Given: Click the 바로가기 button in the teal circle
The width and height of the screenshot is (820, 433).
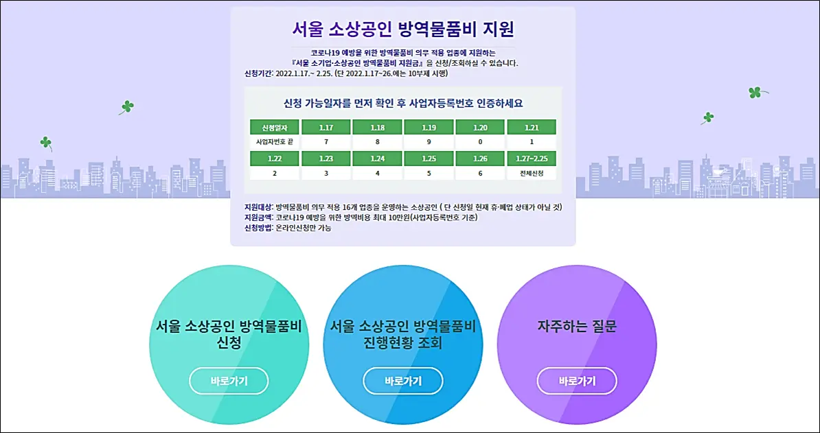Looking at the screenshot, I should click(229, 381).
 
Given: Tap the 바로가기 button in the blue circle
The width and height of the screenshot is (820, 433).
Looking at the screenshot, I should click(403, 381).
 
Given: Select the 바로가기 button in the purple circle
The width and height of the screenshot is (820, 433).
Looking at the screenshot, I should click(577, 381).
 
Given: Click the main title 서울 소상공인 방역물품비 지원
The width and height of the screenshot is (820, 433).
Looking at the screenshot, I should click(403, 30).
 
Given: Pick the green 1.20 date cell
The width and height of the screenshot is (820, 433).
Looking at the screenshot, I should click(480, 127).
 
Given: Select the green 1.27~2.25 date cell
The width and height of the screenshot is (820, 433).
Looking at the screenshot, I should click(532, 159).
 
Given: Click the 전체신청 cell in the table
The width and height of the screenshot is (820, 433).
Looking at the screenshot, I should click(532, 174).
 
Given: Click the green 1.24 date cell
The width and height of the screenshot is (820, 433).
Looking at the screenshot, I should click(377, 159).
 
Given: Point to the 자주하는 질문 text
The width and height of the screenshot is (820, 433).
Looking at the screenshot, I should click(577, 327).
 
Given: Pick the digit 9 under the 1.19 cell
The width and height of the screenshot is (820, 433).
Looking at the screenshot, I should click(429, 141).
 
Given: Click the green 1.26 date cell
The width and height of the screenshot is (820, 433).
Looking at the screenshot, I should click(480, 159).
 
